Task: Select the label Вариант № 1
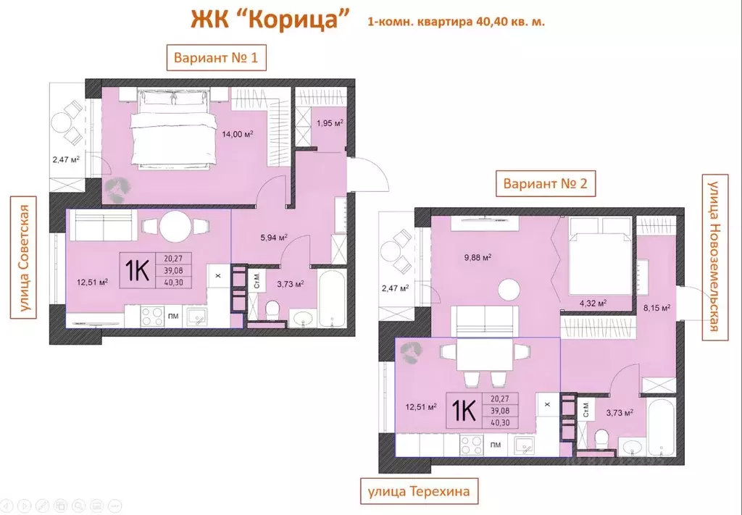[x=217, y=58]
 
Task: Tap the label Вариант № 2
[x=546, y=184]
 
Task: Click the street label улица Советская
[x=25, y=257]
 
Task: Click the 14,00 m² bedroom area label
[x=238, y=134]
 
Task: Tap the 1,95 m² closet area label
[x=329, y=123]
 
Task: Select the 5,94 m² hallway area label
[x=274, y=237]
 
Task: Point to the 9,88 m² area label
[x=478, y=257]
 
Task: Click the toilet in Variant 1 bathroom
[x=272, y=311]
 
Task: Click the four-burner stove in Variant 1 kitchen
[x=154, y=316]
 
